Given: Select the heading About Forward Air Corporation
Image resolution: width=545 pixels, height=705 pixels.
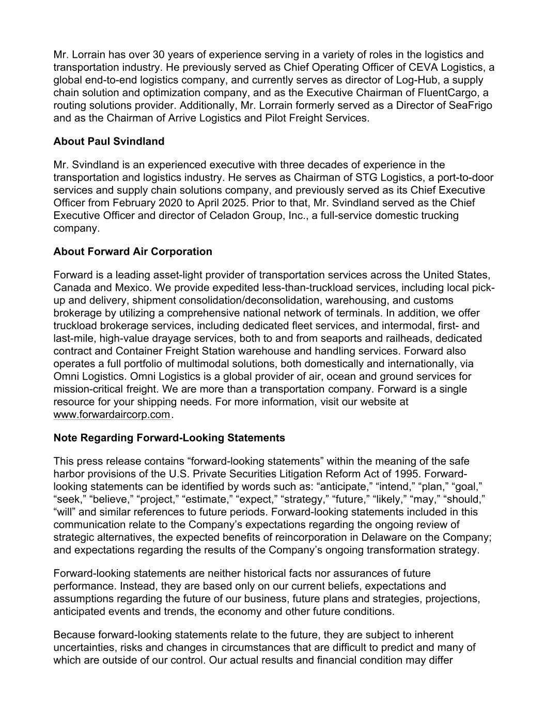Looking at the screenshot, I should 133,252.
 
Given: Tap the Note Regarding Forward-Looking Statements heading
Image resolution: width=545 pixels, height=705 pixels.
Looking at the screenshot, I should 169,438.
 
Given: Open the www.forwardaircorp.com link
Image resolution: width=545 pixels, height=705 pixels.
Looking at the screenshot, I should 112,415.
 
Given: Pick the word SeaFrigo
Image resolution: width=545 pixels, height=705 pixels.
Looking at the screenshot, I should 470,105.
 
